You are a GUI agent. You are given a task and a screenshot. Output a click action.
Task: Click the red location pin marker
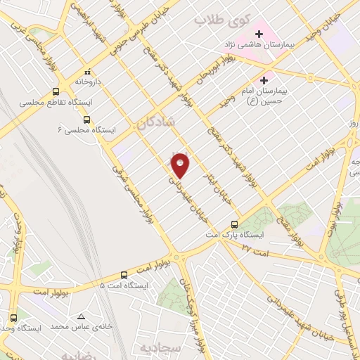click(x=181, y=165)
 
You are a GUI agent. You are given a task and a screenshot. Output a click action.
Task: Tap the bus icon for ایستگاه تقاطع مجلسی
click(x=56, y=91)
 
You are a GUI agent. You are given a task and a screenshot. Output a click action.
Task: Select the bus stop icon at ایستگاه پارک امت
click(x=235, y=226)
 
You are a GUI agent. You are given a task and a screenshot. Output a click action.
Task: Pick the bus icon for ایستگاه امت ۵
click(x=124, y=275)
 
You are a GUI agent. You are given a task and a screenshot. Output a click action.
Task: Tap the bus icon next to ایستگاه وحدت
click(x=13, y=318)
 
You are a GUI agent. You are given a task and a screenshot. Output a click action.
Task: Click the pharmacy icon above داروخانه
click(x=87, y=72)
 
